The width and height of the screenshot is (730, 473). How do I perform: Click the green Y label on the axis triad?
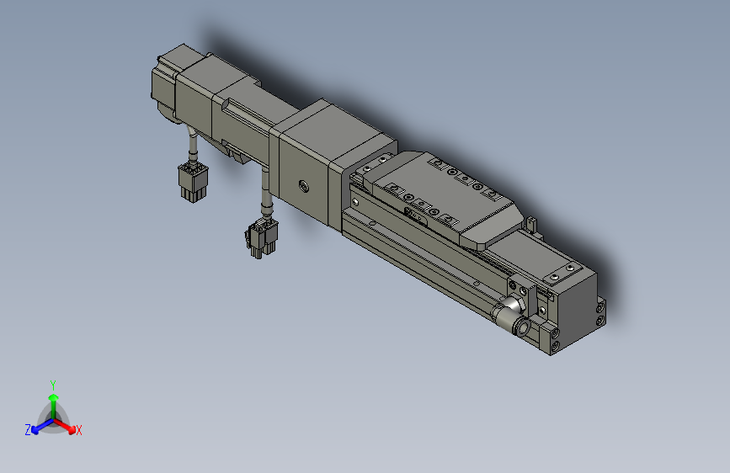(x=53, y=383)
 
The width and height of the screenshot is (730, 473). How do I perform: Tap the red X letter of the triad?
(x=79, y=431)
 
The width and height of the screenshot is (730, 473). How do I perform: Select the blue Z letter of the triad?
(x=28, y=429)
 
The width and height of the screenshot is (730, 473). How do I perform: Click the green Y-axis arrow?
(x=53, y=400)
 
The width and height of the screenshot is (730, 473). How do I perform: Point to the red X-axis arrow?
(x=69, y=425)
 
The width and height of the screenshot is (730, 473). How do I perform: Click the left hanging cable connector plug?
(x=190, y=183)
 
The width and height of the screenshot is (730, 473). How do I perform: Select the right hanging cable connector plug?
(x=261, y=237)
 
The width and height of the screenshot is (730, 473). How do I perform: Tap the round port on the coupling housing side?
(x=301, y=184)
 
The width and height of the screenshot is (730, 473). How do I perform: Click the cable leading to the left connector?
(x=194, y=147)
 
